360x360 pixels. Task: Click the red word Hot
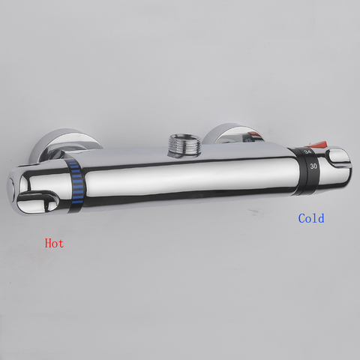(x=54, y=243)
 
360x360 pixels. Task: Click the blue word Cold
(x=311, y=218)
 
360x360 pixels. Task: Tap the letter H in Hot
(x=49, y=243)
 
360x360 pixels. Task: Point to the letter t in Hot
(x=61, y=244)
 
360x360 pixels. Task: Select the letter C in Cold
(x=301, y=218)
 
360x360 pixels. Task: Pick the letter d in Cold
(x=321, y=218)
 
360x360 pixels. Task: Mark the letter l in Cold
(x=315, y=218)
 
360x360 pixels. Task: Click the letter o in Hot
(x=55, y=244)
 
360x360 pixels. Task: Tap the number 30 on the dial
(x=313, y=166)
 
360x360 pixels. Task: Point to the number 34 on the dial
(x=307, y=151)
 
